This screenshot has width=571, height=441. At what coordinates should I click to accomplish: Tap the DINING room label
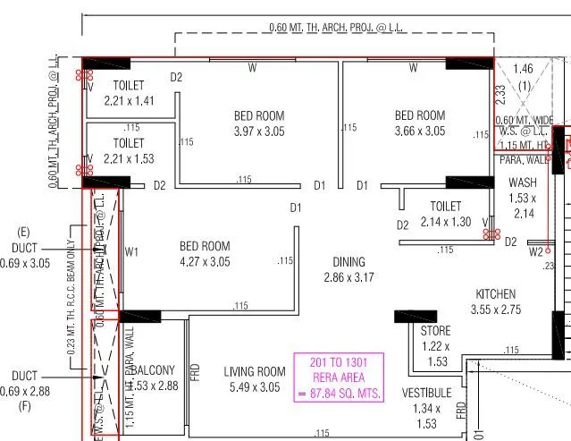348,262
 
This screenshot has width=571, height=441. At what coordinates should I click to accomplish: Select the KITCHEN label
495,294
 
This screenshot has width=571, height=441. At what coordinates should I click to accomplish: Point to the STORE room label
435,331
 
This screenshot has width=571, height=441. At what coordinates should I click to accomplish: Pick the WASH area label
522,182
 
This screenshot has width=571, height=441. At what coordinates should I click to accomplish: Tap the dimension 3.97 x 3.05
259,131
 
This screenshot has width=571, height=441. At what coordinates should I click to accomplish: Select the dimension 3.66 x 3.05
419,131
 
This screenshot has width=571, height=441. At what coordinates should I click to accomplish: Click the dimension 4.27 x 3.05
205,261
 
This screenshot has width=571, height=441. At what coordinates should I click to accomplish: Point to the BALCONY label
155,370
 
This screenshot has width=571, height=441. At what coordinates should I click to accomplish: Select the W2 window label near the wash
535,252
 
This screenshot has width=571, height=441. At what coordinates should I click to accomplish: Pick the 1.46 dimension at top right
523,68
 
